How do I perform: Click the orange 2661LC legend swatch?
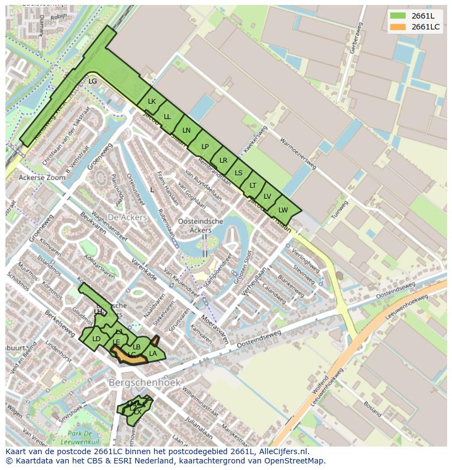tap(398, 27)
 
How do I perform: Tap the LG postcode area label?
tap(92, 81)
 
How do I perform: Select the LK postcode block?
tap(152, 102)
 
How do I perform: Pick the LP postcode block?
tap(205, 146)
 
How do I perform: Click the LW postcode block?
tap(283, 210)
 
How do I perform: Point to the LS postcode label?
tap(239, 173)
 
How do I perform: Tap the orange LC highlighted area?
tap(132, 355)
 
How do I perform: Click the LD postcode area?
tap(96, 339)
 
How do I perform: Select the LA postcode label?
tap(153, 354)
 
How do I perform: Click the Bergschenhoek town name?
tap(144, 383)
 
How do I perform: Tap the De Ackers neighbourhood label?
tap(127, 217)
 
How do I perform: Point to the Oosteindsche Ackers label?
tap(200, 225)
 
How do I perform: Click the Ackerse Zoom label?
tap(41, 178)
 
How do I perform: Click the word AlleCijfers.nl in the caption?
tap(283, 451)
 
